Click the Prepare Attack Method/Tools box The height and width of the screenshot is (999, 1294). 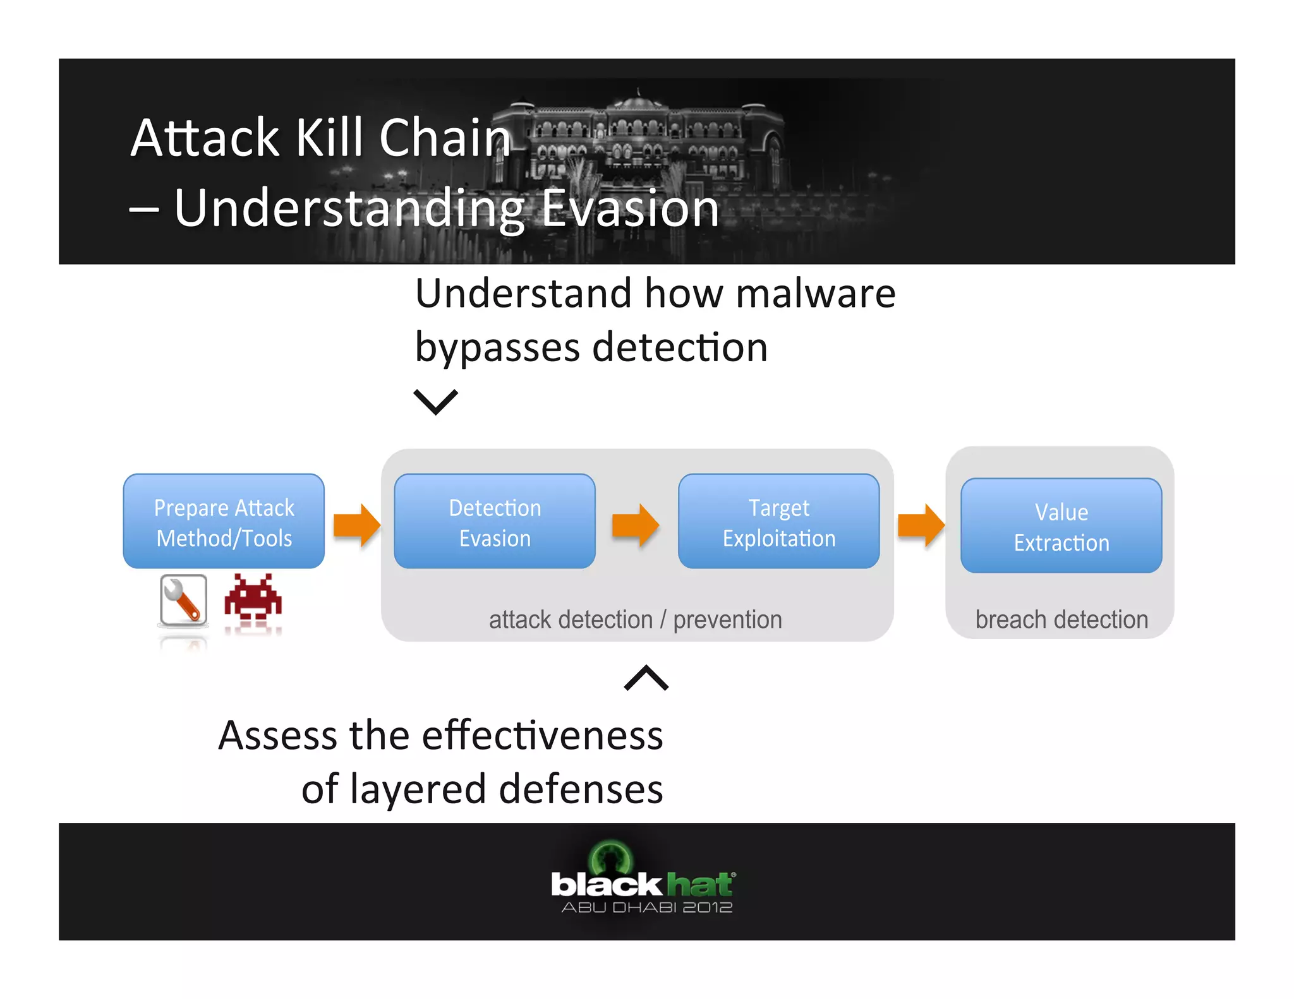224,522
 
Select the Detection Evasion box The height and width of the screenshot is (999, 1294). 494,522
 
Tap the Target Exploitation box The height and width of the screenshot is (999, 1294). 778,522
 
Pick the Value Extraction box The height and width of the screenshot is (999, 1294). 1061,526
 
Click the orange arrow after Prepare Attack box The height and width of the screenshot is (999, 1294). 356,525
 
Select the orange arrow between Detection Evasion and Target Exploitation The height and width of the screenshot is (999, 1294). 635,525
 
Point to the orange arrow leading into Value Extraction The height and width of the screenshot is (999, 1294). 921,525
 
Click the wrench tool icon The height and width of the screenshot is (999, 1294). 183,601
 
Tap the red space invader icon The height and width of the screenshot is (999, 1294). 253,597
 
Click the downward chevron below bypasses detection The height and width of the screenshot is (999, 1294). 435,402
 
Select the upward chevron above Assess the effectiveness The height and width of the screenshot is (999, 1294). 646,678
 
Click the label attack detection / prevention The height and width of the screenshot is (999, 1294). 635,619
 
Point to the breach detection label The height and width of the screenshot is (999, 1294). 1061,619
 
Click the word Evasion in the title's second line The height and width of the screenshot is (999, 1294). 630,208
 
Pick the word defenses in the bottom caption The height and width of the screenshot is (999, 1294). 581,789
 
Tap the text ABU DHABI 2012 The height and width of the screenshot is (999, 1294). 646,907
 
